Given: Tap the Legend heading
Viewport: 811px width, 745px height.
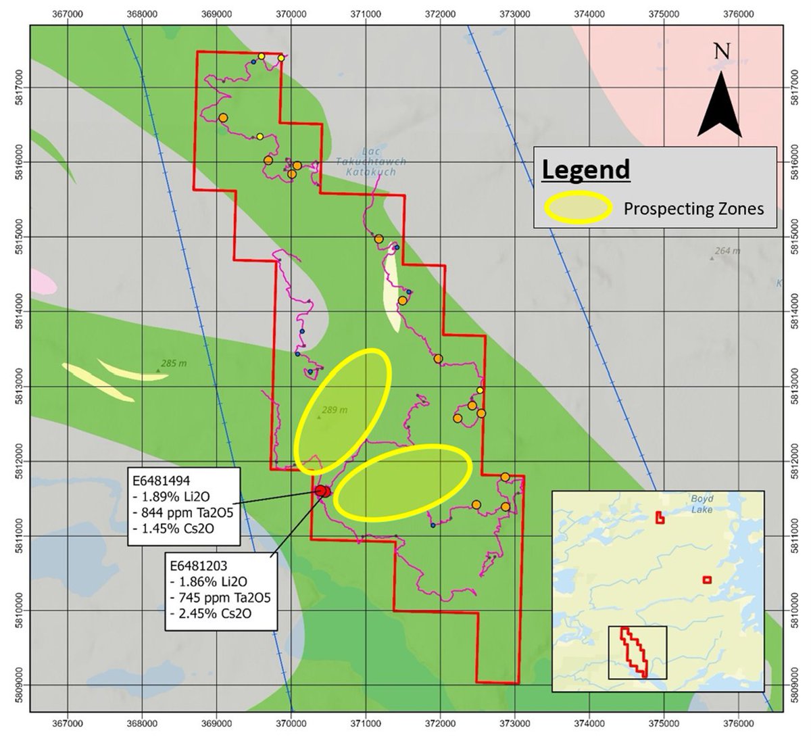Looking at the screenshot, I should pos(586,169).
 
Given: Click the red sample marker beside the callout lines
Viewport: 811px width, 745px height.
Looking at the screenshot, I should pos(322,491).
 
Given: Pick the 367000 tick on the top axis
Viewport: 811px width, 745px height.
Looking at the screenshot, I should pos(68,12).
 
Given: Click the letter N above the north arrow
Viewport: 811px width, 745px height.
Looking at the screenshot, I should pos(722,51).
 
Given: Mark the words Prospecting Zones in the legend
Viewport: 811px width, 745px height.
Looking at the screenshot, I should pos(693,208).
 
